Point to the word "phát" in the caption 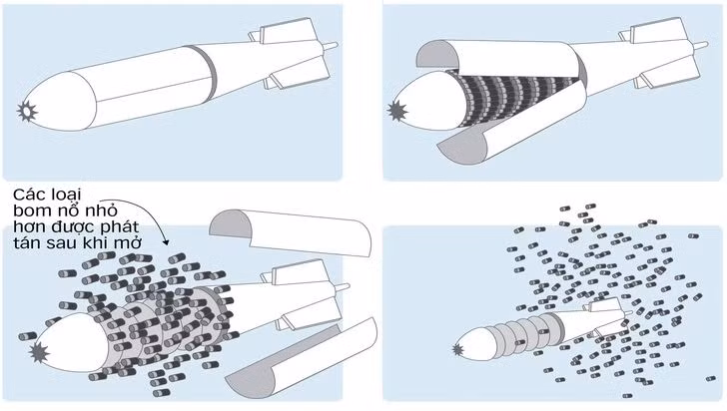coord(132,229)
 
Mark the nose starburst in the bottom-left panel coord(41,353)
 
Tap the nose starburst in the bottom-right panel coord(459,350)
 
